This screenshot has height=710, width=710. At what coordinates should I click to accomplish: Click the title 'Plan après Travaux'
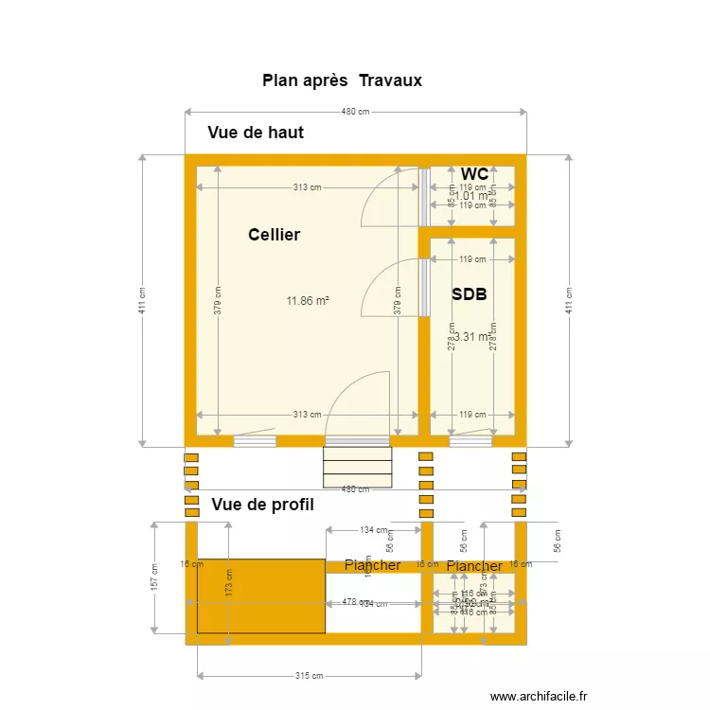tap(342, 80)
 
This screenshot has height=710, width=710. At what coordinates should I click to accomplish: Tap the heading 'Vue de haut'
tap(256, 133)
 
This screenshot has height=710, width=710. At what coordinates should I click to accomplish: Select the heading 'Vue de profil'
tap(262, 506)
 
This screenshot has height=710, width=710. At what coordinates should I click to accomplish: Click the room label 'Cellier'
tap(274, 234)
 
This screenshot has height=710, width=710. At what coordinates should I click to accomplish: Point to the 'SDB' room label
tap(469, 294)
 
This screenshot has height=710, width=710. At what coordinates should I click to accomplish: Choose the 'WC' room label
tap(474, 174)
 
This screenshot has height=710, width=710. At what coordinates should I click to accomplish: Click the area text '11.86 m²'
tap(308, 301)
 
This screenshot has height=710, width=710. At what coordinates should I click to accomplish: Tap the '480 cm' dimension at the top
tap(355, 112)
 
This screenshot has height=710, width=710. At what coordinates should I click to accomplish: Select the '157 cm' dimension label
tap(153, 577)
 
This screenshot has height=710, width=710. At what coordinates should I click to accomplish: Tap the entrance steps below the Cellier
tap(357, 465)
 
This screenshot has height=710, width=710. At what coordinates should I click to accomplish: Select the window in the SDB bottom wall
tap(470, 440)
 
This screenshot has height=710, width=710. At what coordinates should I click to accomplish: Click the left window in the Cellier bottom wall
tap(255, 440)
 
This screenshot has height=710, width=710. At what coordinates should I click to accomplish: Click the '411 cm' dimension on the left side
tap(142, 300)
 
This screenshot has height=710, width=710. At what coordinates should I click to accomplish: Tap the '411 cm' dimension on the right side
tap(569, 300)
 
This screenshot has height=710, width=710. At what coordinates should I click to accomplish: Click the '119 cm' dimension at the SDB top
tap(471, 259)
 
